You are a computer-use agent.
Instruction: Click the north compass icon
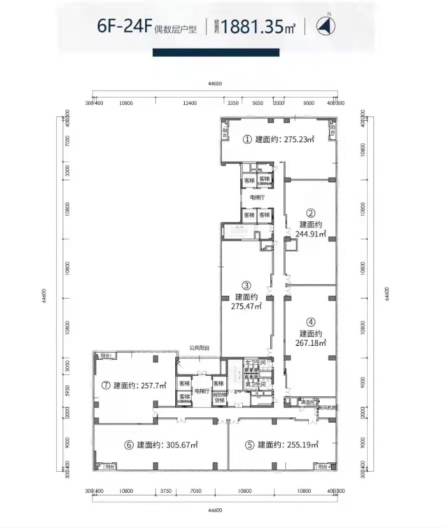coord(327,26)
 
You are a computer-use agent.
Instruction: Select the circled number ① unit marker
coord(246,139)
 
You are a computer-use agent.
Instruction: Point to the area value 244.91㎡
coord(311,234)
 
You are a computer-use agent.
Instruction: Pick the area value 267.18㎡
coord(311,343)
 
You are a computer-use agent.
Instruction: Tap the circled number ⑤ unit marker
coord(248,445)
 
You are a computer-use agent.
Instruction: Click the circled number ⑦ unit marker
coord(105,385)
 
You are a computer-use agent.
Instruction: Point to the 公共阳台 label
coord(199,348)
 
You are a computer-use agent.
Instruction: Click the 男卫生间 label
coord(255,384)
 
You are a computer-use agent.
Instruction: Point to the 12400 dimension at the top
coord(188,103)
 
